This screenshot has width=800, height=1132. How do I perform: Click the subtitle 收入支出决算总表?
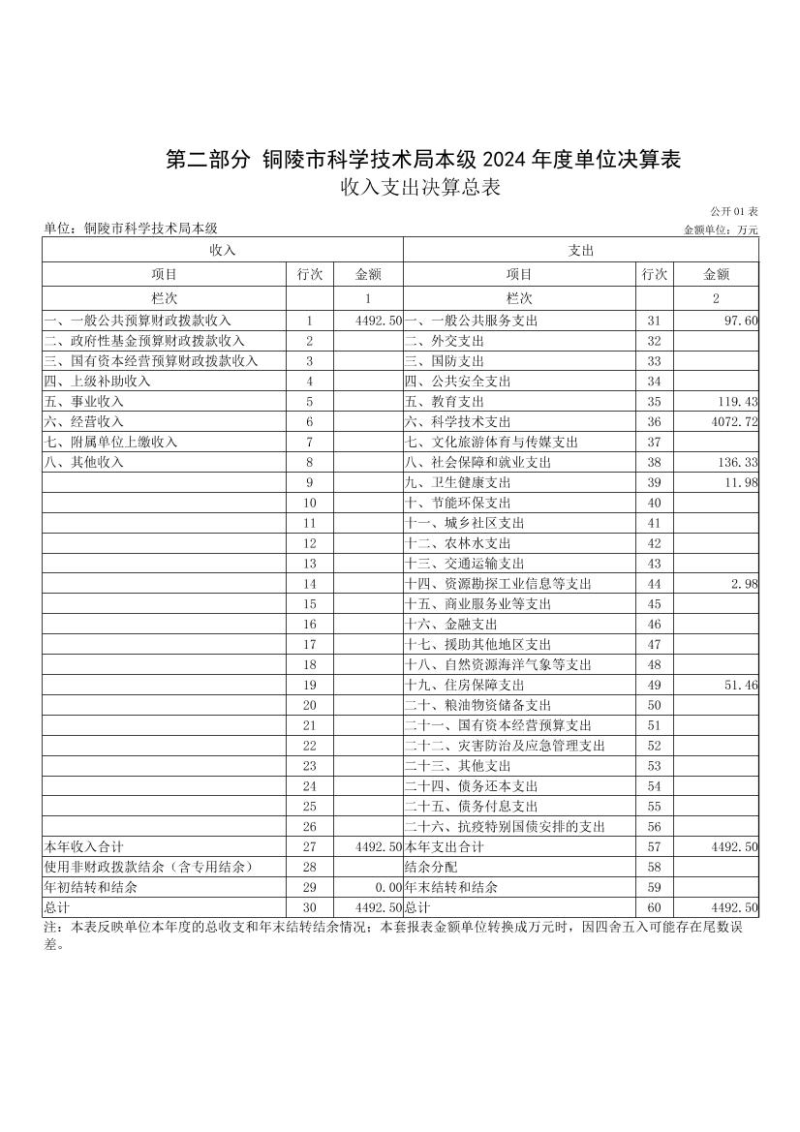pyautogui.click(x=420, y=188)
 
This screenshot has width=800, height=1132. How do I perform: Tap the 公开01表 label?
pyautogui.click(x=733, y=211)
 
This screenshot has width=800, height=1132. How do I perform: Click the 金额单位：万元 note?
pyautogui.click(x=721, y=230)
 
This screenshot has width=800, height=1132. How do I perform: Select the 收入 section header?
pyautogui.click(x=223, y=250)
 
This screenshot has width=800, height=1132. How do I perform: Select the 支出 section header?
pyautogui.click(x=581, y=250)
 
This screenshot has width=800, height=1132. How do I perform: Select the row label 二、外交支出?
pyautogui.click(x=445, y=341)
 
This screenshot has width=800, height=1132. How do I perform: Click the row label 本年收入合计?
pyautogui.click(x=83, y=847)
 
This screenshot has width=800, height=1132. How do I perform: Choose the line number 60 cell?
pyautogui.click(x=654, y=907)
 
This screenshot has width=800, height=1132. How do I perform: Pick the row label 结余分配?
pyautogui.click(x=430, y=868)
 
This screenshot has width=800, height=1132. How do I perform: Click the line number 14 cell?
pyautogui.click(x=310, y=584)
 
